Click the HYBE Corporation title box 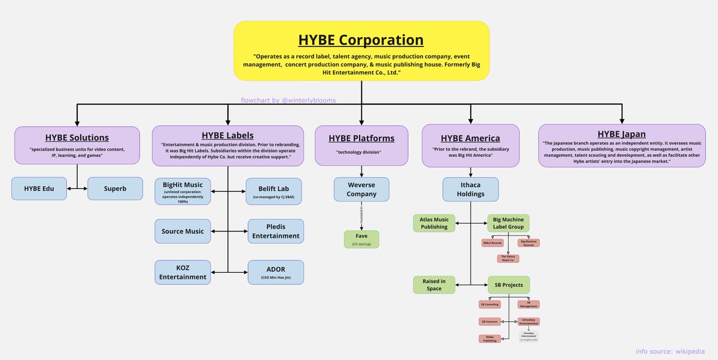click(361, 50)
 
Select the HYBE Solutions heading click(77, 138)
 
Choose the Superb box click(115, 188)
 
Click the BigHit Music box click(182, 192)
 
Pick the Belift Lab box click(275, 192)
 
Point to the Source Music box click(182, 231)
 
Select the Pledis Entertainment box click(275, 231)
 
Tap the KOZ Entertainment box click(182, 271)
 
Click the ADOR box click(275, 271)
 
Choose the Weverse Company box click(361, 190)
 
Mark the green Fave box click(361, 239)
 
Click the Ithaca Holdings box click(471, 189)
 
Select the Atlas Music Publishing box click(434, 223)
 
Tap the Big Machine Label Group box click(508, 223)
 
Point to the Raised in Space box click(434, 285)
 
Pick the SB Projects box click(508, 285)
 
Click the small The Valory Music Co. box click(508, 258)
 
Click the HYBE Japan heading click(622, 133)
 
